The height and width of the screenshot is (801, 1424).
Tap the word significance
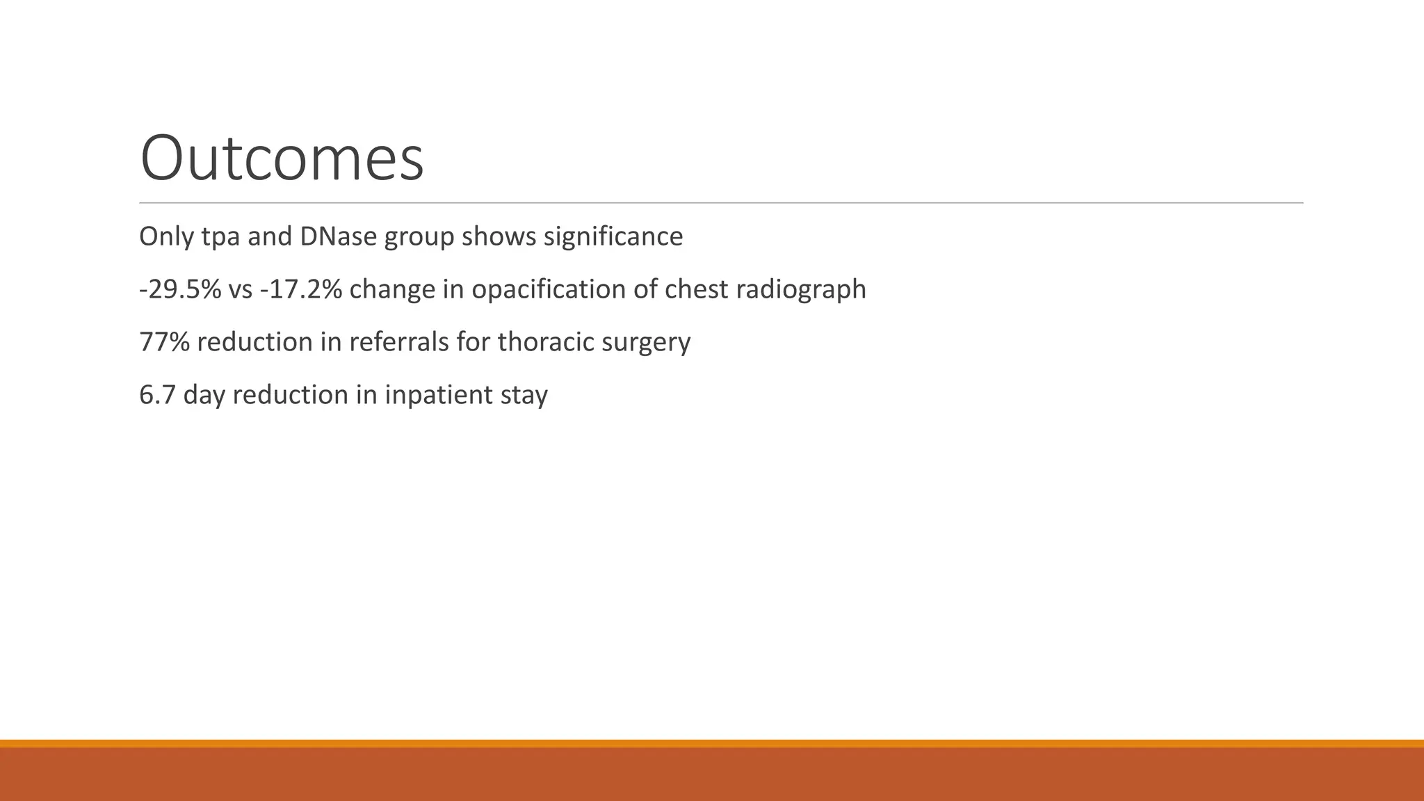click(x=613, y=236)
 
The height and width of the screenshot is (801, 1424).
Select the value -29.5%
click(x=180, y=289)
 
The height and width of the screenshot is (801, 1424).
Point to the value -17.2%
click(x=300, y=289)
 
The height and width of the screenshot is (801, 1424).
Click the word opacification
click(x=548, y=289)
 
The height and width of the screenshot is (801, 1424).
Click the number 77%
click(x=164, y=342)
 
